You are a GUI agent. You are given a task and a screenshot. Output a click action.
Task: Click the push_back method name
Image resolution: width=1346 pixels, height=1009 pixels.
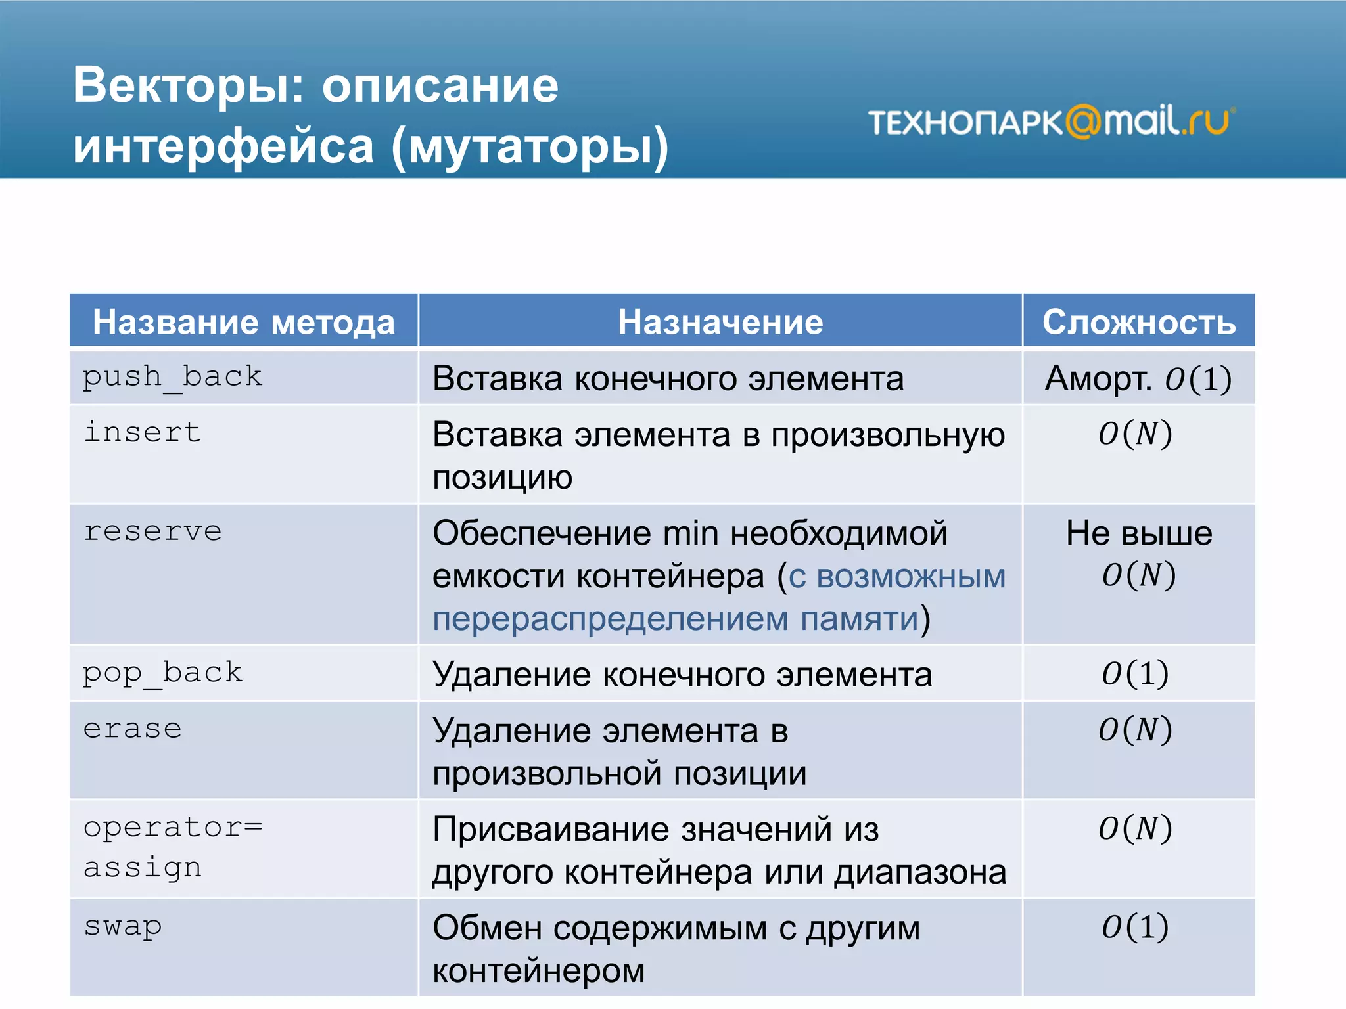pyautogui.click(x=172, y=377)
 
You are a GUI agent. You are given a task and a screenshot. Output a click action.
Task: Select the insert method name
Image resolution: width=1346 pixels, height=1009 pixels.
pyautogui.click(x=142, y=432)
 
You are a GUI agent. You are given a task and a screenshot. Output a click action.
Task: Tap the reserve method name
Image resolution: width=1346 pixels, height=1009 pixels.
pyautogui.click(x=152, y=531)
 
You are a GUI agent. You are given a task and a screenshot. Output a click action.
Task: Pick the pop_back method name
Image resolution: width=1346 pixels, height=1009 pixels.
pyautogui.click(x=162, y=673)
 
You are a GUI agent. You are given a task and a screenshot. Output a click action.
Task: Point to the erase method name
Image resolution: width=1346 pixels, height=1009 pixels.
pyautogui.click(x=132, y=729)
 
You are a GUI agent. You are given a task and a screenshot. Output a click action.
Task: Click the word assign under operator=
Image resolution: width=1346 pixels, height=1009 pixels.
pyautogui.click(x=142, y=868)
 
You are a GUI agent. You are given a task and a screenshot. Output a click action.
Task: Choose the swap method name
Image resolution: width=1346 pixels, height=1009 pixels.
pyautogui.click(x=122, y=926)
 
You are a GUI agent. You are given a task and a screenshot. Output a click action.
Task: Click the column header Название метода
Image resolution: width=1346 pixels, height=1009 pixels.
pyautogui.click(x=244, y=322)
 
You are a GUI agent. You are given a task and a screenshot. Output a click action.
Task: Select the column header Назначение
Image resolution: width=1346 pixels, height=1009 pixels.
pyautogui.click(x=720, y=322)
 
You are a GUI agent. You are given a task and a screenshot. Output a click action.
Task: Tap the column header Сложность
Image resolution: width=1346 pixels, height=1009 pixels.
pyautogui.click(x=1139, y=322)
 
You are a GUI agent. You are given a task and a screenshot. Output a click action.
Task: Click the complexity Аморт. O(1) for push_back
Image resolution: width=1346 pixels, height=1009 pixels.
pyautogui.click(x=1138, y=378)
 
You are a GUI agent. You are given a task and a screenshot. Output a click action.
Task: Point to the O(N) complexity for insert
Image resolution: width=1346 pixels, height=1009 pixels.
pyautogui.click(x=1135, y=434)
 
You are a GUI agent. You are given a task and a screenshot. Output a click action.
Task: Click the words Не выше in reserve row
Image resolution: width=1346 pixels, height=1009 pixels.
pyautogui.click(x=1139, y=533)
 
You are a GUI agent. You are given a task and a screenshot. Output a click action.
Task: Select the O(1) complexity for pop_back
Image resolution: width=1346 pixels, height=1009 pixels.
pyautogui.click(x=1135, y=673)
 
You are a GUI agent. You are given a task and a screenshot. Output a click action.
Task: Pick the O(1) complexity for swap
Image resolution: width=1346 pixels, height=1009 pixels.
pyautogui.click(x=1135, y=927)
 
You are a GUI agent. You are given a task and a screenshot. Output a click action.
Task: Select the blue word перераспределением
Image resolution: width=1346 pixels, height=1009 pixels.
pyautogui.click(x=611, y=619)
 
